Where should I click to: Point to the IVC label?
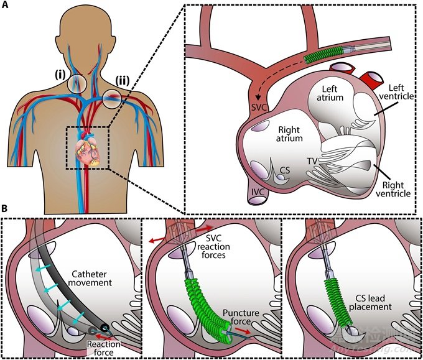pos(257,200)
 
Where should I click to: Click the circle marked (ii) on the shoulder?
pos(113,97)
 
